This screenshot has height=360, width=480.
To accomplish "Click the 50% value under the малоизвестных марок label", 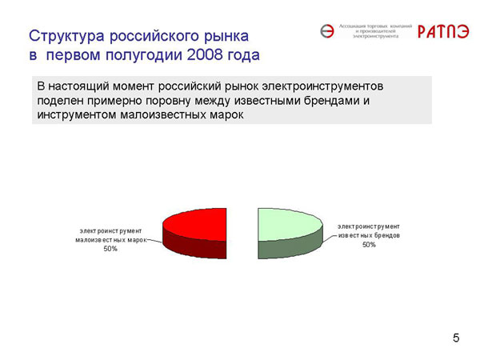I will [x=111, y=249].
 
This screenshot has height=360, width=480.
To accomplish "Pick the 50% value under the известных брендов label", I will [x=369, y=245].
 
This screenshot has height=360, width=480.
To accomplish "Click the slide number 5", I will [x=456, y=338].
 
